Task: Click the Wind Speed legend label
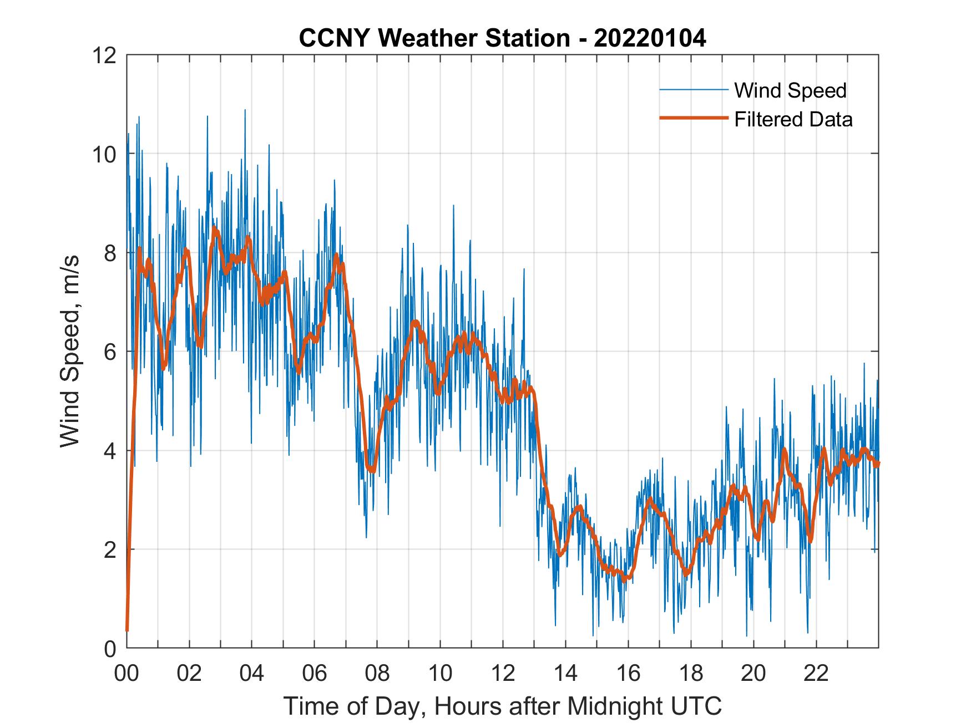click(x=790, y=90)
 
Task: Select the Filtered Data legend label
click(x=793, y=119)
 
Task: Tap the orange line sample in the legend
click(x=694, y=118)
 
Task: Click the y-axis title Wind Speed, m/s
click(x=70, y=351)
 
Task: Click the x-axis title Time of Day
click(x=503, y=706)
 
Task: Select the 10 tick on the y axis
click(x=105, y=154)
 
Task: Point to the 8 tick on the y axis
click(x=111, y=253)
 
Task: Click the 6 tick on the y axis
click(x=111, y=352)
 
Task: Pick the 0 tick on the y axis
click(x=111, y=648)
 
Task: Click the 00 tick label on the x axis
click(x=127, y=673)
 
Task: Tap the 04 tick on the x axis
click(x=252, y=673)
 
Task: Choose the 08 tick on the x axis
click(x=377, y=673)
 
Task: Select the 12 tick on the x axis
click(x=503, y=673)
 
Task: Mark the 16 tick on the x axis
click(x=628, y=673)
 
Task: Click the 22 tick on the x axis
click(x=816, y=673)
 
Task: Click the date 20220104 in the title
click(x=650, y=38)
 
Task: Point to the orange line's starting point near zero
click(x=127, y=630)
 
